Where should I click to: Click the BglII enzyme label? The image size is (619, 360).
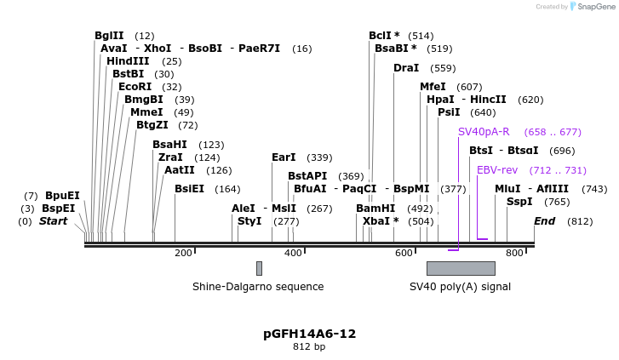(109, 36)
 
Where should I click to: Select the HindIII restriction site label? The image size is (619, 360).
(128, 61)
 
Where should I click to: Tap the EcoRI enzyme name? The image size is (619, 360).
(135, 87)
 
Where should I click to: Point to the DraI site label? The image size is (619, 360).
(406, 68)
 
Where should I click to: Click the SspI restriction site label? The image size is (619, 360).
(519, 202)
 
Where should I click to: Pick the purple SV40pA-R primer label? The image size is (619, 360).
(484, 132)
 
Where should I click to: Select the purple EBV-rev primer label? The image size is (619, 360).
(497, 170)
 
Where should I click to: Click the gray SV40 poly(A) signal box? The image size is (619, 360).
(461, 268)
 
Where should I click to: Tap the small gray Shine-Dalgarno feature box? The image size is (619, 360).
(259, 268)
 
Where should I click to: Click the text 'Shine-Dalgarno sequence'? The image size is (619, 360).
(258, 287)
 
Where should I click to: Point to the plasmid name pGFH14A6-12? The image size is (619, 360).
(309, 334)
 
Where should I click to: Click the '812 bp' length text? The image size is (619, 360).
(309, 347)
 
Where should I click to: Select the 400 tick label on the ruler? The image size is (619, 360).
(293, 253)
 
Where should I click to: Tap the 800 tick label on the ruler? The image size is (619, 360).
(514, 253)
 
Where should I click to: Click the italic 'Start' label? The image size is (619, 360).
(53, 221)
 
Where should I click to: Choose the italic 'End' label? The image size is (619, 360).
(545, 221)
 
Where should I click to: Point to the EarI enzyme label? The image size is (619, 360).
(284, 157)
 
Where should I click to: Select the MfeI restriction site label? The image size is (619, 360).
(433, 87)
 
